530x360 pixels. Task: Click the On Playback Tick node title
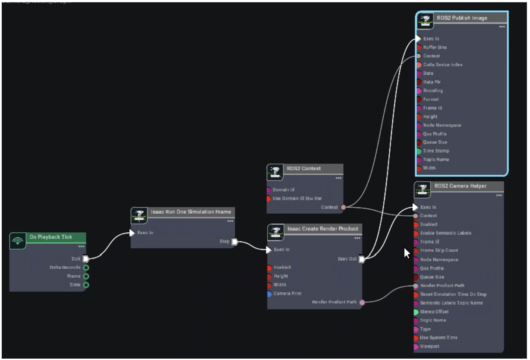50,237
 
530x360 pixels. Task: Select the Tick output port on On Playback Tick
86,259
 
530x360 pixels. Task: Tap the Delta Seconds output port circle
86,268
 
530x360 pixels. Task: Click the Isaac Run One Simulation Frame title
191,212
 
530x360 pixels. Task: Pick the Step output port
234,242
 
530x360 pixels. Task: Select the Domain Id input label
283,190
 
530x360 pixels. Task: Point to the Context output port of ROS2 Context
344,207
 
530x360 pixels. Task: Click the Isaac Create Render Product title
322,229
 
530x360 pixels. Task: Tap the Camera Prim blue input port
269,294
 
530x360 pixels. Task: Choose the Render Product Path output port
362,302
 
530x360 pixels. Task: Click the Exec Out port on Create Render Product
362,259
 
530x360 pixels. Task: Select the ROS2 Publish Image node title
462,18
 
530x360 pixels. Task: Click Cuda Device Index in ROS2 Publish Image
442,65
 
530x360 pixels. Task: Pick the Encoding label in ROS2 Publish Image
432,91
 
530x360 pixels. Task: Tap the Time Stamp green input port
419,151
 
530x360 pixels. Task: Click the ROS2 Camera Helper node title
460,186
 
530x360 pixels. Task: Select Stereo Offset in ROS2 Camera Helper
434,312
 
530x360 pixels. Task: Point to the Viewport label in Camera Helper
429,346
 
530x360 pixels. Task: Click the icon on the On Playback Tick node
18,241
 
